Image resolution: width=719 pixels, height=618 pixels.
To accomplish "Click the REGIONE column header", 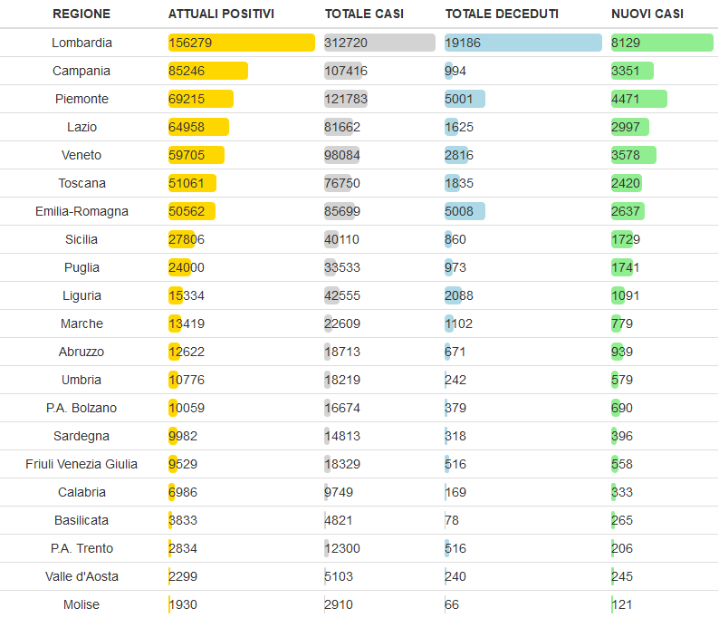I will click(81, 14).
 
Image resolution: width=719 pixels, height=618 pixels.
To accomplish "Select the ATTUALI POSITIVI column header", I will click(221, 14).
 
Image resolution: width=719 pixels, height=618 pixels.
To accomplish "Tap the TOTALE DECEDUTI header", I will click(502, 14).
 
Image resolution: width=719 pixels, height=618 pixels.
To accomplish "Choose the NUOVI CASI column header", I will click(647, 14).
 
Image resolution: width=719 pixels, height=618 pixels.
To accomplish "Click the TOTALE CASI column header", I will click(364, 14).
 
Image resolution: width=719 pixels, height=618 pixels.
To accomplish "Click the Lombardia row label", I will click(81, 43).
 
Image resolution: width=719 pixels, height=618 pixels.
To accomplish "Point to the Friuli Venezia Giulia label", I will click(81, 464).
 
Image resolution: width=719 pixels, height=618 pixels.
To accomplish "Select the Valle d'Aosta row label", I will click(81, 576).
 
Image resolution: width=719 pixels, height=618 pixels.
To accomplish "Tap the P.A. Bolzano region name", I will click(81, 408).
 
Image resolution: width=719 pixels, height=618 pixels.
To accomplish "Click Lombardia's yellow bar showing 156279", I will click(241, 43).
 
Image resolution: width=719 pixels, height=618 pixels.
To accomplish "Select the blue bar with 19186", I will click(522, 43).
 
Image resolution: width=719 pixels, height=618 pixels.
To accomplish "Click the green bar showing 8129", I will click(662, 43).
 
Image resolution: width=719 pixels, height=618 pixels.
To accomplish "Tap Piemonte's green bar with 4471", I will click(639, 99).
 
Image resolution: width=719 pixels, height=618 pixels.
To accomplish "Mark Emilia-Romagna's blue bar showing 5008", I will click(465, 211).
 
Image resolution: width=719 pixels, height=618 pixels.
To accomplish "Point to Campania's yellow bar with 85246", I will click(207, 71).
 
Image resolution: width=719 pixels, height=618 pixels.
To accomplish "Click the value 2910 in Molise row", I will click(339, 604).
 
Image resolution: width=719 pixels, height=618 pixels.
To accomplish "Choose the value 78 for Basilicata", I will click(452, 520).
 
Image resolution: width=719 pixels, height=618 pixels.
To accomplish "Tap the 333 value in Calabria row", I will click(622, 492).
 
